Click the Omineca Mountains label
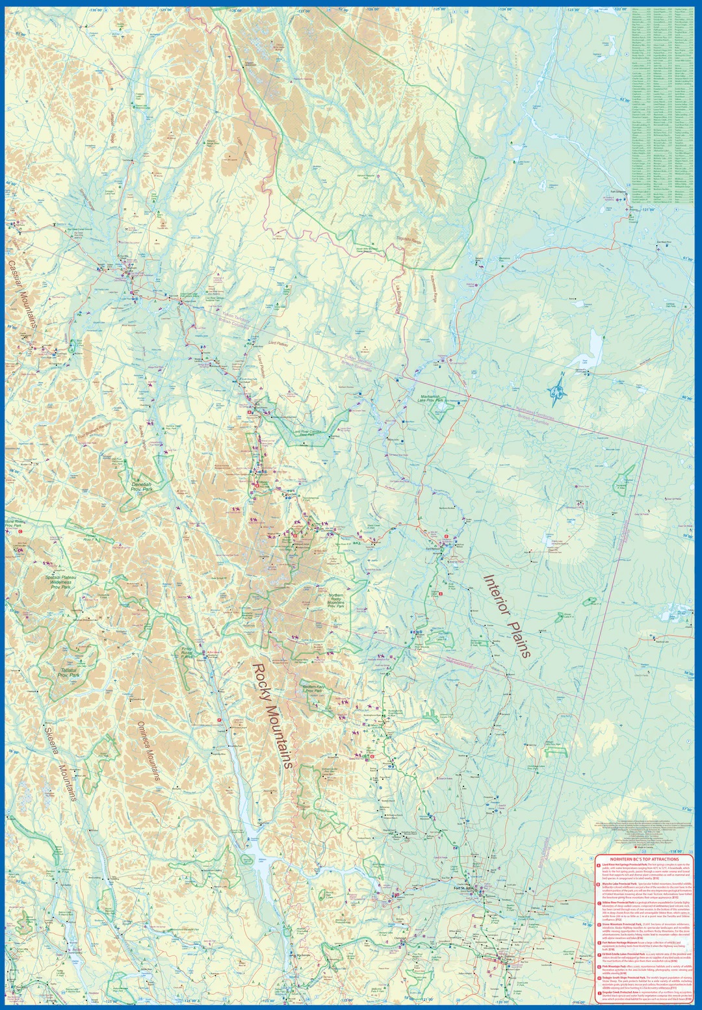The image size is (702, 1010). (x=149, y=751)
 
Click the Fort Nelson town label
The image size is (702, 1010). (x=434, y=549)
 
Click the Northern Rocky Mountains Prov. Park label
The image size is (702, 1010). (x=336, y=601)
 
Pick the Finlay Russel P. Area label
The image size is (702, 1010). (x=187, y=651)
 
